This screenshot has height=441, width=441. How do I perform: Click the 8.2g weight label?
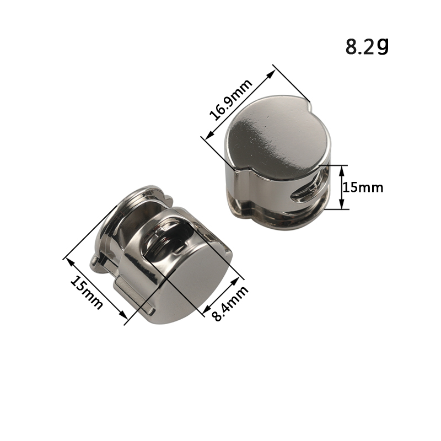point(367,46)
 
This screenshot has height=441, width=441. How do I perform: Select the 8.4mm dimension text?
point(230,303)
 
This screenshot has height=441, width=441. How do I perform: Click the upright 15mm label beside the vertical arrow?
point(363,187)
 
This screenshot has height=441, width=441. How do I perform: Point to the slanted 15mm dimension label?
point(86,292)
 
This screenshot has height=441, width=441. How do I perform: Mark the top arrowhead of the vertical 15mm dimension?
point(341,170)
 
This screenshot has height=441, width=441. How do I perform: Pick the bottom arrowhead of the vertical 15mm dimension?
point(341,205)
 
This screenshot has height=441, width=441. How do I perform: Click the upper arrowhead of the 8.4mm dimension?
point(236,282)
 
